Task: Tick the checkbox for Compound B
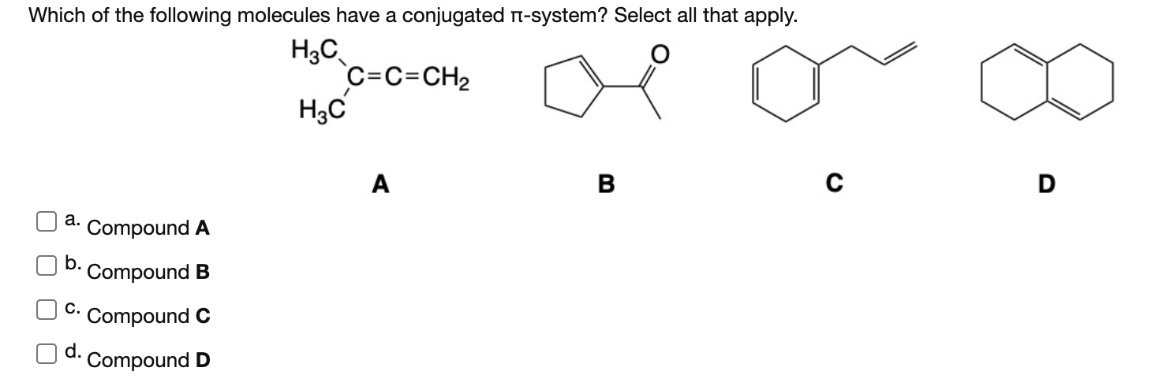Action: [43, 265]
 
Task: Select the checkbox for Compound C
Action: [43, 310]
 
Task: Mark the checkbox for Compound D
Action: [43, 354]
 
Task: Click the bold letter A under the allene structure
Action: [381, 184]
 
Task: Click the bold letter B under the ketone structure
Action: [606, 184]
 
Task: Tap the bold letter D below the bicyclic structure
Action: [1046, 184]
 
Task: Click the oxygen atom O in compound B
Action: [661, 55]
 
